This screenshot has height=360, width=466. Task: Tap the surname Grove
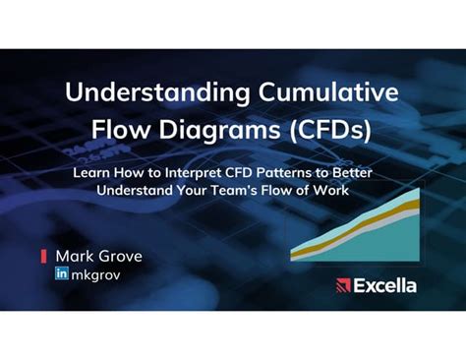pos(119,256)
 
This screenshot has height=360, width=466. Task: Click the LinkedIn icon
pos(62,273)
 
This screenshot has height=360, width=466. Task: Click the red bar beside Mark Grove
pos(43,256)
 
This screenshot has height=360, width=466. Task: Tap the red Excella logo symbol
pos(343,286)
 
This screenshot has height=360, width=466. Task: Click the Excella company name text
pos(385,286)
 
